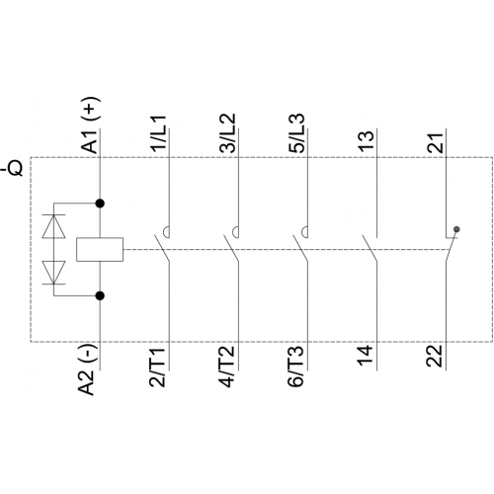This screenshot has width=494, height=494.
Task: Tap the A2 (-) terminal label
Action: (87, 370)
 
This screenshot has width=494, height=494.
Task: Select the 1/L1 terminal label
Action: (159, 133)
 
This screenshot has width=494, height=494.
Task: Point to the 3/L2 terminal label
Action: (227, 133)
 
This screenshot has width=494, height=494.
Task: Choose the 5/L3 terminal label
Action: (296, 133)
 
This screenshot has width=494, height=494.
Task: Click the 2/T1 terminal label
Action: (157, 366)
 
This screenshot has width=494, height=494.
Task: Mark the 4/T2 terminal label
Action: (226, 366)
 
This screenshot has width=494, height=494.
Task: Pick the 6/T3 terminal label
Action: (295, 366)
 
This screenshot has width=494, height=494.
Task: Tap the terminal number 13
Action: (367, 141)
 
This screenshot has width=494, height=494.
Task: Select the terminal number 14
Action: (366, 356)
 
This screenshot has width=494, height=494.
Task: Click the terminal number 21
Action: (436, 142)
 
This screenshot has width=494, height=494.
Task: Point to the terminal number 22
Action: (435, 357)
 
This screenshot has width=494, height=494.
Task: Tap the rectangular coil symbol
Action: (100, 250)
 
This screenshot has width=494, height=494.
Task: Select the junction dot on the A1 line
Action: (100, 204)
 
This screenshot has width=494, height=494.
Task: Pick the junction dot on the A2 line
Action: (100, 295)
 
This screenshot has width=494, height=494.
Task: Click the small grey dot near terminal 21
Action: (456, 229)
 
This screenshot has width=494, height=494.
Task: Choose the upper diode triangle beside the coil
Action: (54, 226)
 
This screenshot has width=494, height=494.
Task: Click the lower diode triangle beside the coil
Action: (54, 273)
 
